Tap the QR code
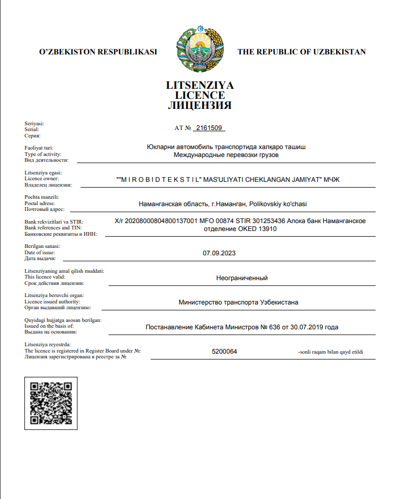tap(51, 403)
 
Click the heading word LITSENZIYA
tap(199, 86)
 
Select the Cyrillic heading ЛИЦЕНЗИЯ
tap(199, 105)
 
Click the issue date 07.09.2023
tap(219, 253)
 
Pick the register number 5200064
tap(224, 352)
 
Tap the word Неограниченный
tap(242, 278)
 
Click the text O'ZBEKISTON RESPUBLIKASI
tap(98, 52)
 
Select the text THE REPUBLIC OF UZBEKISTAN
tap(301, 52)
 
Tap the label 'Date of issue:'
tap(40, 253)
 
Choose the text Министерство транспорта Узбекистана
tap(239, 302)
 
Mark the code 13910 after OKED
tap(268, 229)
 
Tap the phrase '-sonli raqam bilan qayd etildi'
tap(331, 352)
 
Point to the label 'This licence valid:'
tap(45, 277)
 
